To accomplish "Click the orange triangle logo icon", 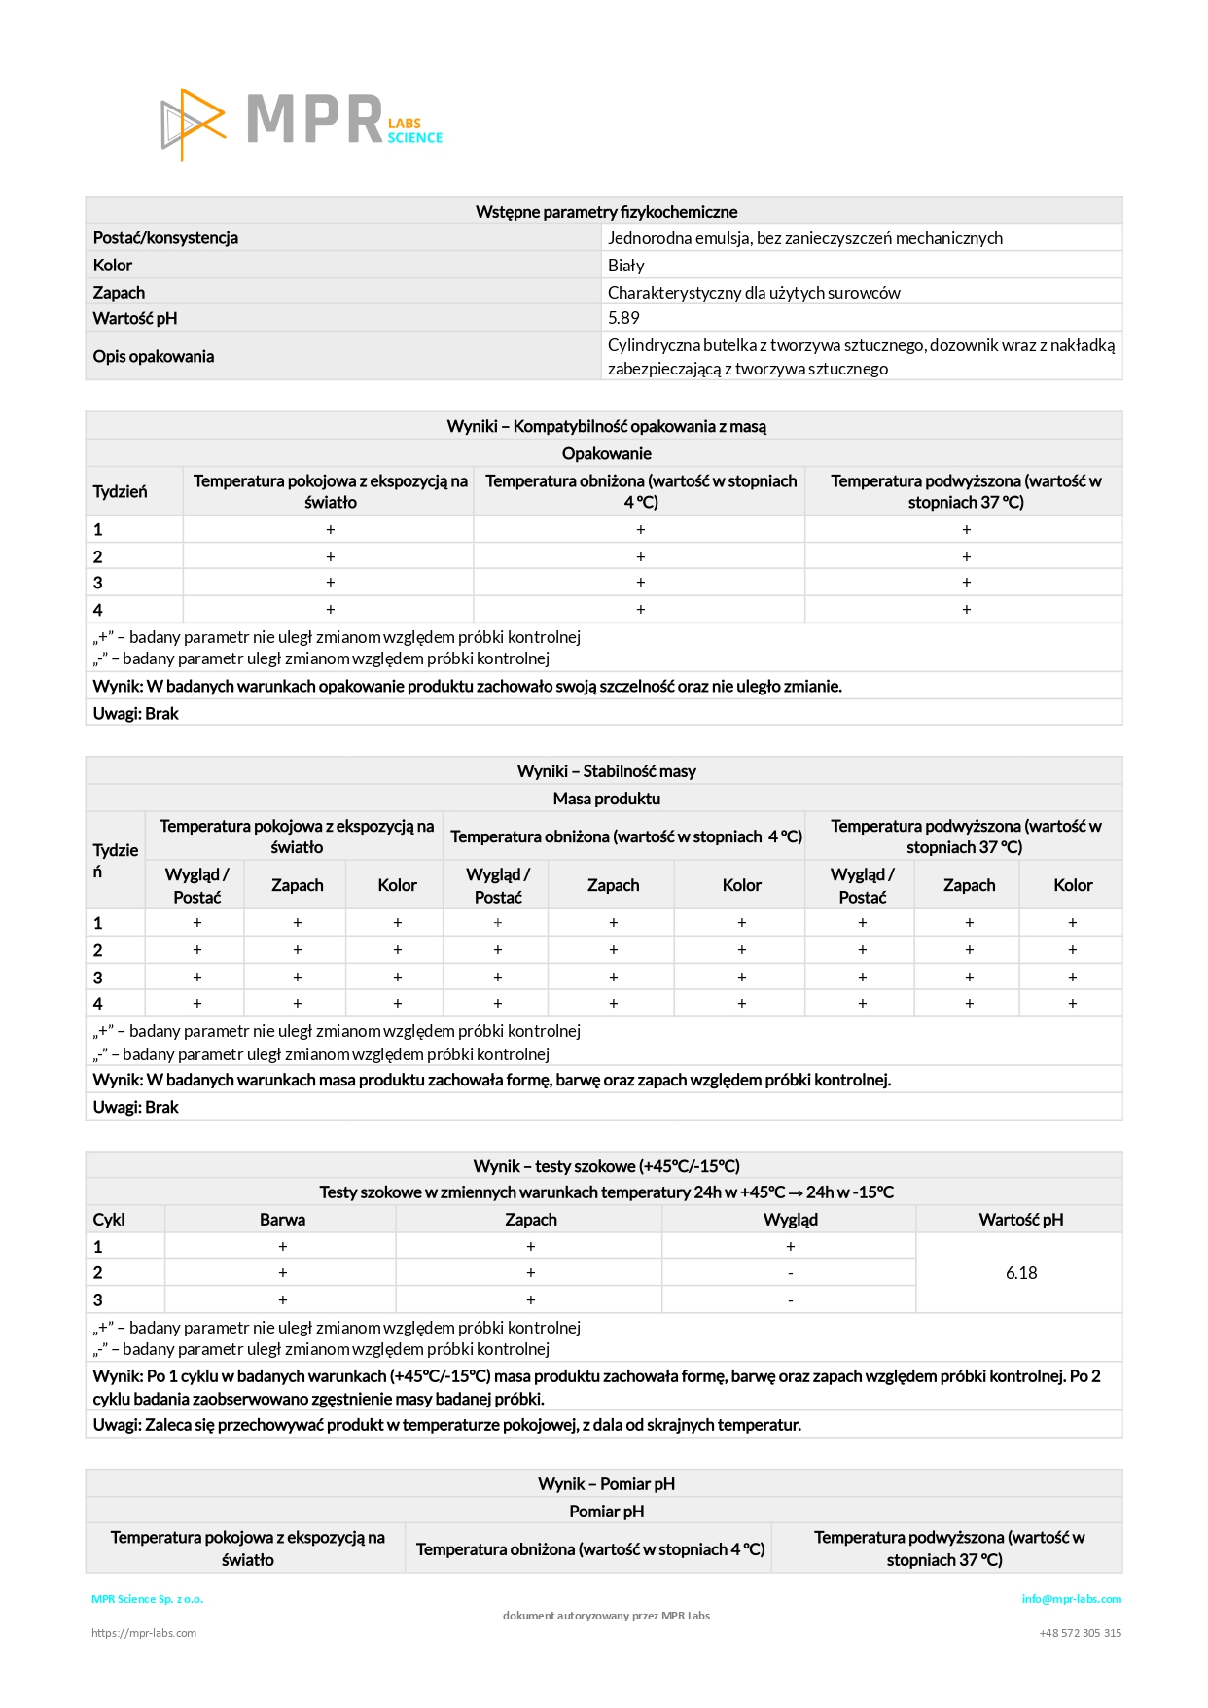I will point(194,125).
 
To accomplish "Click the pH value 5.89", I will point(623,318).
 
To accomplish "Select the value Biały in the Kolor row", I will point(626,266).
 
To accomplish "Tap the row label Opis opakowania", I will point(154,356).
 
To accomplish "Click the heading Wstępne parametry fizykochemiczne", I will point(606,212).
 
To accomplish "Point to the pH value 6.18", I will point(1021,1273).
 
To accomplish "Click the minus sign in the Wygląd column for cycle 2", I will point(790,1273).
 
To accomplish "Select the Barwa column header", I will point(282,1220).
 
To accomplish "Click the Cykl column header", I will point(109,1220).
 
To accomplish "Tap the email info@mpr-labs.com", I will point(1071,1599).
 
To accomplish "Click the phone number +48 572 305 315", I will point(1080,1633).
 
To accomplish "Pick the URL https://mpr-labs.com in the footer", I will point(144,1633).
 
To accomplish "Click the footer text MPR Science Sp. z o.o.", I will point(148,1599).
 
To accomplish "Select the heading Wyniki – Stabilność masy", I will point(606,771).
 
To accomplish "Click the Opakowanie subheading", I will point(606,453).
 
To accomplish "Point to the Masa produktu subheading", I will point(606,799).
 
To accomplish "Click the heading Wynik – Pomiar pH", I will point(606,1484).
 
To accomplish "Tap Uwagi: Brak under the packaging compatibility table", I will point(136,714).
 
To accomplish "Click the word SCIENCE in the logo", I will point(415,138).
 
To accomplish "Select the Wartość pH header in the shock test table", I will point(1020,1220).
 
